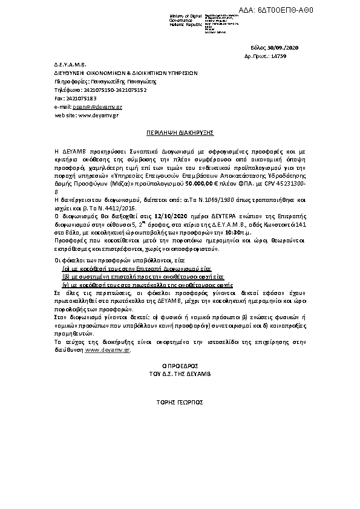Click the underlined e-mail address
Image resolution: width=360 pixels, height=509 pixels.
point(99,106)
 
